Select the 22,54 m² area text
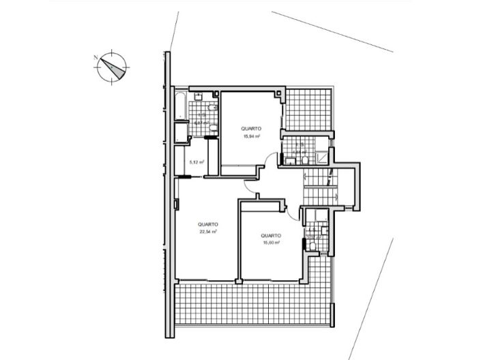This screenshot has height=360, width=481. (207, 231)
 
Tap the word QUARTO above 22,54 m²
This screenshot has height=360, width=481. (207, 224)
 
